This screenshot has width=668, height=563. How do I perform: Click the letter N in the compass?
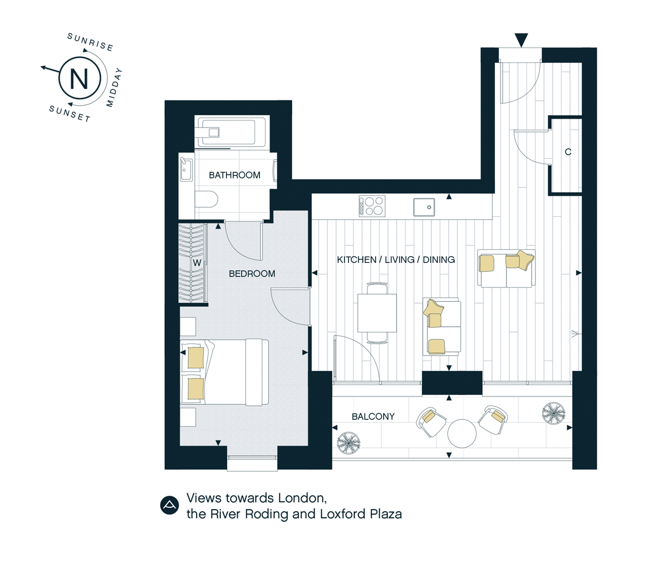coord(79,79)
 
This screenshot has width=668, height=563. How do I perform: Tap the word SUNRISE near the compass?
coord(90,42)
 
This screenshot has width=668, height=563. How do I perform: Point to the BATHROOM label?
coord(234,175)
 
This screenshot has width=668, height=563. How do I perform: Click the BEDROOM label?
coord(252,273)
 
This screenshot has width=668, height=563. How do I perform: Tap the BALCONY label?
coord(373,417)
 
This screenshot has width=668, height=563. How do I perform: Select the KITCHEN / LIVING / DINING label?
coord(396,260)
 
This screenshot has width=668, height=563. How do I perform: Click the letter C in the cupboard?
coord(568,151)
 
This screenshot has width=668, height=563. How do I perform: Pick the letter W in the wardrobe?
coord(197,263)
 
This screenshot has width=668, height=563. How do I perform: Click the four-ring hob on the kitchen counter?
coord(372,206)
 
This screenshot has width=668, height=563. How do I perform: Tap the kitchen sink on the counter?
coord(424,207)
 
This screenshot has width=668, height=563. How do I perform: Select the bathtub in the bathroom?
coord(232,132)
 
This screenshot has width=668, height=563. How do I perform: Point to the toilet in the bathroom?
coord(207,199)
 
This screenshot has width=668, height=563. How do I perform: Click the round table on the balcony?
coord(461,433)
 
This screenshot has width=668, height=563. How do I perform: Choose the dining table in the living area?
coord(377,313)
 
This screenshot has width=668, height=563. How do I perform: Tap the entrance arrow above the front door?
coord(521,40)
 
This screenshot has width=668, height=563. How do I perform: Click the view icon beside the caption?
coord(169,506)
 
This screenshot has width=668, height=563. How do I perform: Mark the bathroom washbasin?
coord(186,169)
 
